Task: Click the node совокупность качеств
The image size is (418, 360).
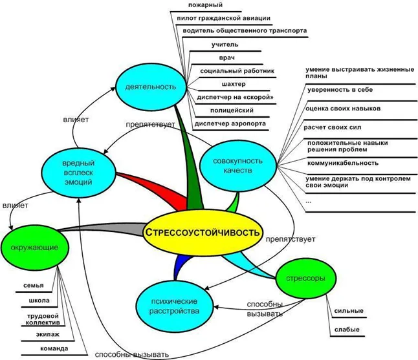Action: [x=238, y=164]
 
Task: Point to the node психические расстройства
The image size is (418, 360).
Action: [x=175, y=305]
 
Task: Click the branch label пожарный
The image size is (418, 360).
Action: [x=201, y=6]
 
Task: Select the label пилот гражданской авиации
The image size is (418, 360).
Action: [x=223, y=18]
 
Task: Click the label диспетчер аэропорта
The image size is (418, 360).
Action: [x=230, y=123]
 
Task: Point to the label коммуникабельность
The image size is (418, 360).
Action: [x=343, y=163]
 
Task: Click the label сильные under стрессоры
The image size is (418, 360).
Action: [x=348, y=312]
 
